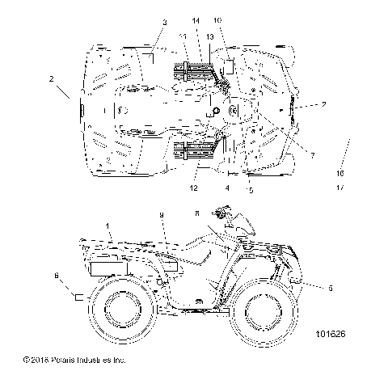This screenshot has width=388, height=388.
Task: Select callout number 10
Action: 217,19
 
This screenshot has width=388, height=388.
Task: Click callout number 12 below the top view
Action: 194,188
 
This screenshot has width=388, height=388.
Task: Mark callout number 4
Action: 228,188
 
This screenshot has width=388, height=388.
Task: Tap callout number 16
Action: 340,173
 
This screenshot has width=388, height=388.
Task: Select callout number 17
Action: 340,188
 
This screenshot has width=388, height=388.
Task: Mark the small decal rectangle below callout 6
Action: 79,297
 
